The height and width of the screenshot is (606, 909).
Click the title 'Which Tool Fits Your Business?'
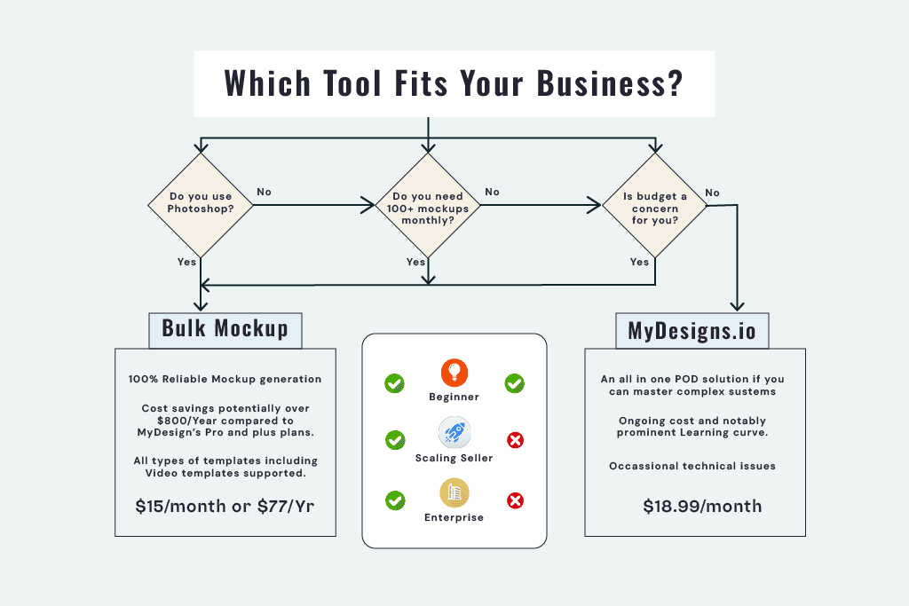click(454, 83)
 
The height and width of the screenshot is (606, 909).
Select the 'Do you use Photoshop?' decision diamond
click(201, 207)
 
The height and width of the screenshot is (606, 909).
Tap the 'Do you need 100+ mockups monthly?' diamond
click(428, 207)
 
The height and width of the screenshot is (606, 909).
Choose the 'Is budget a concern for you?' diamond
click(655, 207)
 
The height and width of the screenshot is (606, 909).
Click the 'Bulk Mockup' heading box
click(225, 328)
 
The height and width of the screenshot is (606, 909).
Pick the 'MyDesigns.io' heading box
click(692, 331)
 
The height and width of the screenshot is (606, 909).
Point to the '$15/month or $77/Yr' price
click(225, 507)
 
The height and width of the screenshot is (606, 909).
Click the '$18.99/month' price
click(702, 506)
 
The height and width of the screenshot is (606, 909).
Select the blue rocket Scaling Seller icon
click(454, 433)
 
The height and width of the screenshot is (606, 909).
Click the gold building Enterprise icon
click(454, 492)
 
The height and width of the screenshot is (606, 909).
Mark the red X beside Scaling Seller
click(514, 440)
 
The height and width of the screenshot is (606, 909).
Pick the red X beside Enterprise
click(514, 500)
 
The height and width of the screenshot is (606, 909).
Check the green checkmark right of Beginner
click(514, 383)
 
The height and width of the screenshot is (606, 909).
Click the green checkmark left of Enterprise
click(394, 500)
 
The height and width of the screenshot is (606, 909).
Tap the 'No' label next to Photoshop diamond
click(265, 192)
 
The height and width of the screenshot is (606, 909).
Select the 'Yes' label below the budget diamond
click(639, 262)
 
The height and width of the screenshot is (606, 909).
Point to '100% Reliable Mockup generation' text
click(225, 379)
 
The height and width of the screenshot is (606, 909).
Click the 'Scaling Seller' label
click(454, 458)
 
